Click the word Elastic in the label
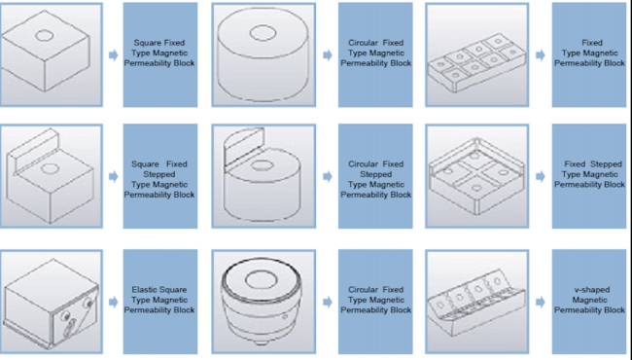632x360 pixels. (142, 289)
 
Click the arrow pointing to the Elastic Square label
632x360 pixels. (113, 302)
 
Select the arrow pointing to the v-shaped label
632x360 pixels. (540, 302)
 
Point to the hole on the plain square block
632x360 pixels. (45, 35)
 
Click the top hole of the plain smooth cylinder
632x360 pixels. (263, 33)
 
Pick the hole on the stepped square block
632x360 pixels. (50, 168)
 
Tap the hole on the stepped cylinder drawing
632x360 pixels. (262, 165)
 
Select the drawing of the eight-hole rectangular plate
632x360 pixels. (476, 63)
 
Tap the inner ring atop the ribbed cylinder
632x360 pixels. (261, 279)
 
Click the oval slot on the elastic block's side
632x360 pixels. (71, 326)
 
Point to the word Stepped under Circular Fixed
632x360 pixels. (375, 174)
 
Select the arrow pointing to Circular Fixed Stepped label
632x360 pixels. (328, 176)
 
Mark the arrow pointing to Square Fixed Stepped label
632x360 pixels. (113, 176)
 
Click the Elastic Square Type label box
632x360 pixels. (160, 302)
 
